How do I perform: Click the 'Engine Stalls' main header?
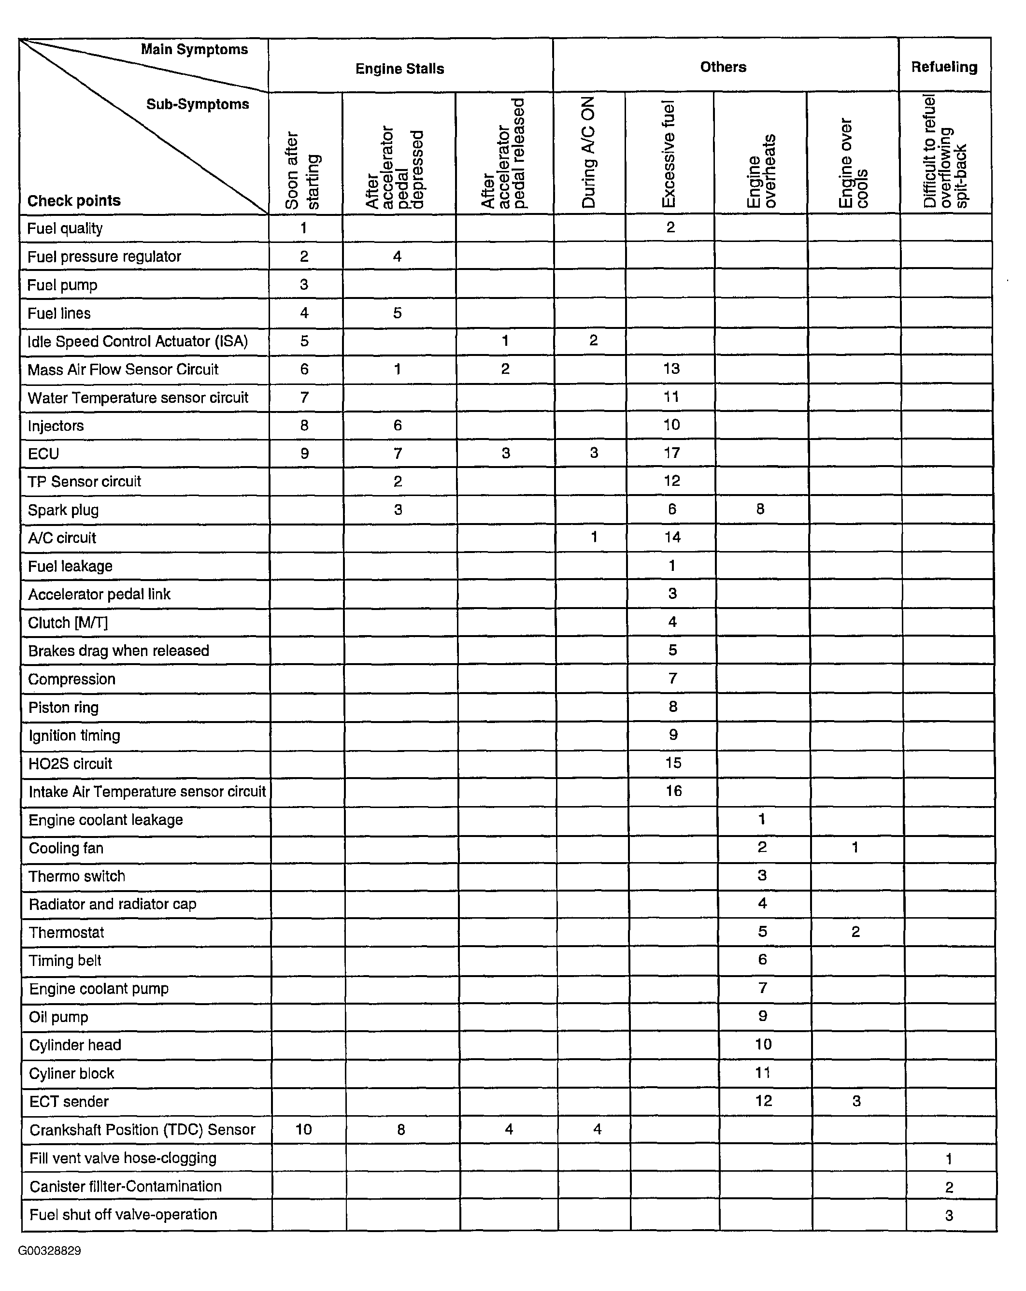pyautogui.click(x=399, y=69)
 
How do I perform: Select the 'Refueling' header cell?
pyautogui.click(x=944, y=67)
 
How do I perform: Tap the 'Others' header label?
pyautogui.click(x=723, y=67)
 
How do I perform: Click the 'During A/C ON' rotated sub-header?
pyautogui.click(x=589, y=152)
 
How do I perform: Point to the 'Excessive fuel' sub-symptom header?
pyautogui.click(x=669, y=154)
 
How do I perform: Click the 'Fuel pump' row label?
pyautogui.click(x=62, y=285)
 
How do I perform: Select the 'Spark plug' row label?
pyautogui.click(x=63, y=510)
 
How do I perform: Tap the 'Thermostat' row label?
pyautogui.click(x=67, y=932)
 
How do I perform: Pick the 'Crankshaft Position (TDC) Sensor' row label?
pyautogui.click(x=142, y=1130)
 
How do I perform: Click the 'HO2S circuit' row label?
pyautogui.click(x=70, y=764)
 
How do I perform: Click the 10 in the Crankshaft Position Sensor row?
pyautogui.click(x=304, y=1129)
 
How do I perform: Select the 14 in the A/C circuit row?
pyautogui.click(x=672, y=537)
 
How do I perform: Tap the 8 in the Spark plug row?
pyautogui.click(x=760, y=509)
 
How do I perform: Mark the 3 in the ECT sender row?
pyautogui.click(x=856, y=1101)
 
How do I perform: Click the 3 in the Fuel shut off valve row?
pyautogui.click(x=949, y=1216)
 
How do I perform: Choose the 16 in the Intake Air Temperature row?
pyautogui.click(x=673, y=791)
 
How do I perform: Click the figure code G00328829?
pyautogui.click(x=49, y=1251)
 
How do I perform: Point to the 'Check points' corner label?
pyautogui.click(x=74, y=200)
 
